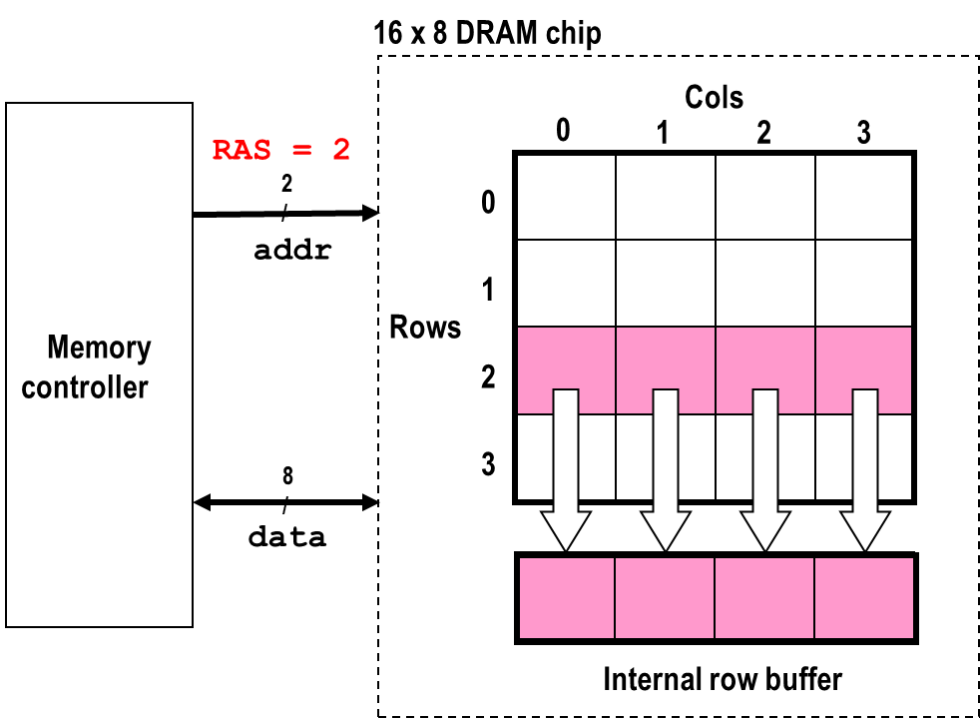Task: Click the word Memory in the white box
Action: (x=99, y=348)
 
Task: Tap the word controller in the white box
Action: (x=85, y=387)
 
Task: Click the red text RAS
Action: (x=241, y=151)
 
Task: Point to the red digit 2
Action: (x=341, y=151)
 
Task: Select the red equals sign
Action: (x=301, y=151)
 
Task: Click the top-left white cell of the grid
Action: (x=566, y=197)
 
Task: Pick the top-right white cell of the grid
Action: (x=863, y=197)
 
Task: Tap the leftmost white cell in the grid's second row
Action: (x=566, y=283)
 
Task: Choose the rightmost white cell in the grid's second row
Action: (x=863, y=283)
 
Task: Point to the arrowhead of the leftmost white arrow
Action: (x=566, y=529)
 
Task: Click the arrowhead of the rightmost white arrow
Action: (x=865, y=529)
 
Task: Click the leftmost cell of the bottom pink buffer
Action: (x=567, y=598)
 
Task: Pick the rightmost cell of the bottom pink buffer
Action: (x=864, y=598)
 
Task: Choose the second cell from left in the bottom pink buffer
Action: (x=665, y=598)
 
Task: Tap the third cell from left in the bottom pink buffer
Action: (x=764, y=598)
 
